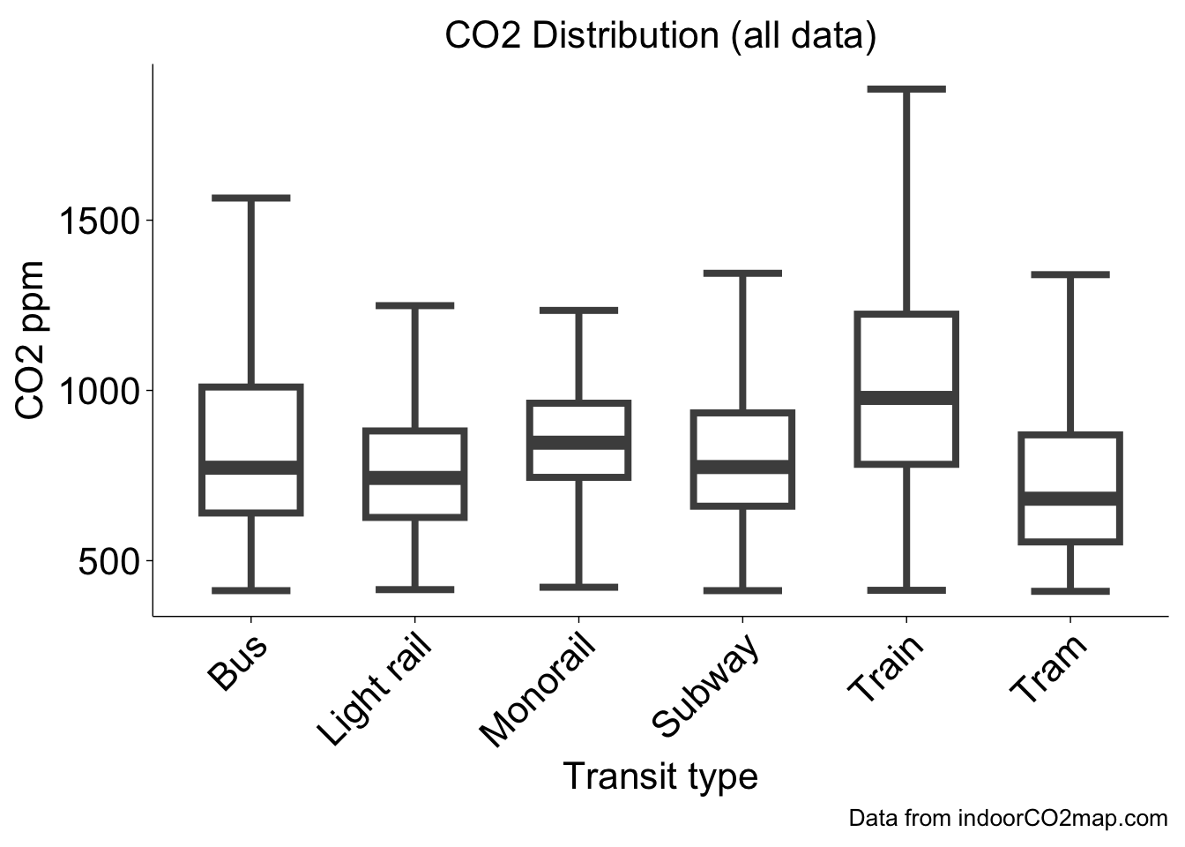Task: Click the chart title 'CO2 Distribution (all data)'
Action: point(660,36)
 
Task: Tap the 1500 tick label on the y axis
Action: point(99,221)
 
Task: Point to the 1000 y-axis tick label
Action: point(99,390)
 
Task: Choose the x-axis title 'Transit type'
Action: point(660,776)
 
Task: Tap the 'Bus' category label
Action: point(238,663)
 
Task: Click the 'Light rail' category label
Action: point(375,691)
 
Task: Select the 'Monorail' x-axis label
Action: point(537,692)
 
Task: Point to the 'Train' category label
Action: point(885,670)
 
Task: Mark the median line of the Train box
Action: point(906,398)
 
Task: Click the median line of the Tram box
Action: point(1069,498)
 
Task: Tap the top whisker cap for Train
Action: point(906,89)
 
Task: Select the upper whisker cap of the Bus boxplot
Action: point(251,198)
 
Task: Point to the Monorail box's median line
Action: point(578,442)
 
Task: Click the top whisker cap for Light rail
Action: point(414,306)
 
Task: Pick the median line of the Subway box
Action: point(742,467)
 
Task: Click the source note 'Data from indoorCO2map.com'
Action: point(1008,818)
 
